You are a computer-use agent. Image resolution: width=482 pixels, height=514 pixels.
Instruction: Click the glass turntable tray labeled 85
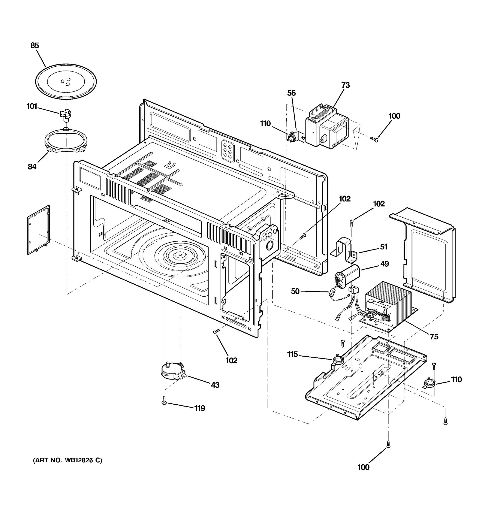[66, 81]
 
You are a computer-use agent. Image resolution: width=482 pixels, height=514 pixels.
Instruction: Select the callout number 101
[32, 106]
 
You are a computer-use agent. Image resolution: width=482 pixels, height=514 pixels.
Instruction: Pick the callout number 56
[291, 93]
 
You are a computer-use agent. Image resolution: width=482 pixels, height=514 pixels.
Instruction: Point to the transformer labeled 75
[388, 305]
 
